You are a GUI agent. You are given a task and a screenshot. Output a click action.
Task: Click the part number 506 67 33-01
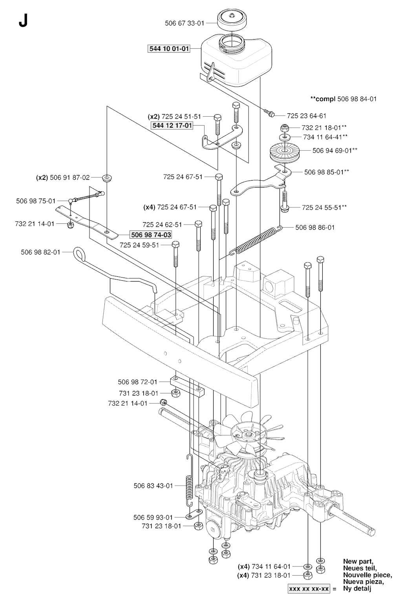pos(184,23)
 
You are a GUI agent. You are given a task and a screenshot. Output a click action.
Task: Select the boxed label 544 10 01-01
pos(169,49)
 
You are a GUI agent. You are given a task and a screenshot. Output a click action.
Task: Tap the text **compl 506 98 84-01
pos(343,99)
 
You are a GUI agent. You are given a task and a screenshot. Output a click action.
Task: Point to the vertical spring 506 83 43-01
pos(189,480)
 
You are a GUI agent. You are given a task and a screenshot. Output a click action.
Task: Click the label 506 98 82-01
pos(40,252)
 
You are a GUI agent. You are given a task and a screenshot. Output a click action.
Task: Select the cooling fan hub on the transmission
pos(248,435)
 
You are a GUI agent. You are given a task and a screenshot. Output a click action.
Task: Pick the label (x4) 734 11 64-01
pos(264,566)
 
